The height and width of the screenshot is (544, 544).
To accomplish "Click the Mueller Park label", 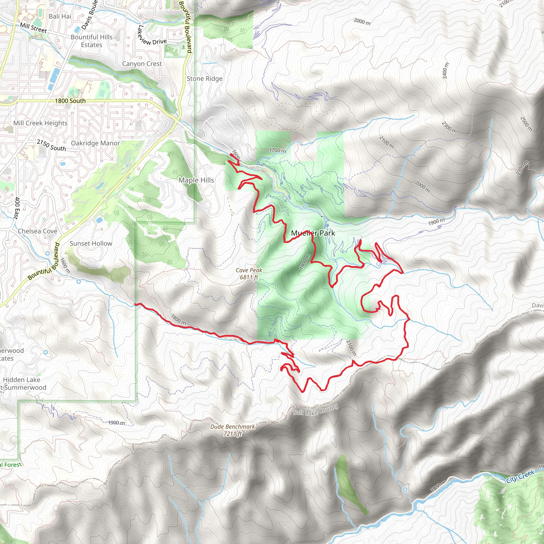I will point(313,233).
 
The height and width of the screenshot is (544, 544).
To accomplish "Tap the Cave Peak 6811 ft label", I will point(249,274).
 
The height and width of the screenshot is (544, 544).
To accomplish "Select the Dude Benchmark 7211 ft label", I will point(232,430).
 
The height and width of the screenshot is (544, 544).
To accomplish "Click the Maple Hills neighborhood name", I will point(196,180).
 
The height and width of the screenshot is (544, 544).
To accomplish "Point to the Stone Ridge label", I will point(205,79).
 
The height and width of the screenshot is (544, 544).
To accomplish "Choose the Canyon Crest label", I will point(142,64).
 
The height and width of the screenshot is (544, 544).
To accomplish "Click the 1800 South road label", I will point(70,101).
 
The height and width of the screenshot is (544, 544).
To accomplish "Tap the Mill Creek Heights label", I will point(40,123).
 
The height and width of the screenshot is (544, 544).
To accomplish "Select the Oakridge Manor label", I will point(95,143).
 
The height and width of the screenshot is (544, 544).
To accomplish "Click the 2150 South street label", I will point(51,145).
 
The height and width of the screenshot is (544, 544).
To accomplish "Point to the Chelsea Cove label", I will point(37,231).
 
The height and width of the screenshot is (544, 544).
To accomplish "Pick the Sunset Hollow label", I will point(91,243).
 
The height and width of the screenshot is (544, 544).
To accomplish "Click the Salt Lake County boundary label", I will point(315,410).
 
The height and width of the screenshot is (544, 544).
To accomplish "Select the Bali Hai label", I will point(60,16).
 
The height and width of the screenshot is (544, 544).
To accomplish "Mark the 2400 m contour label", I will point(445,71).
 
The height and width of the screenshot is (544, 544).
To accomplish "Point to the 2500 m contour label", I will point(526,124).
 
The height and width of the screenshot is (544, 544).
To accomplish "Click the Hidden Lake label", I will point(22,380).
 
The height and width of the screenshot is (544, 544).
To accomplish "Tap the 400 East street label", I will point(17,208).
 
